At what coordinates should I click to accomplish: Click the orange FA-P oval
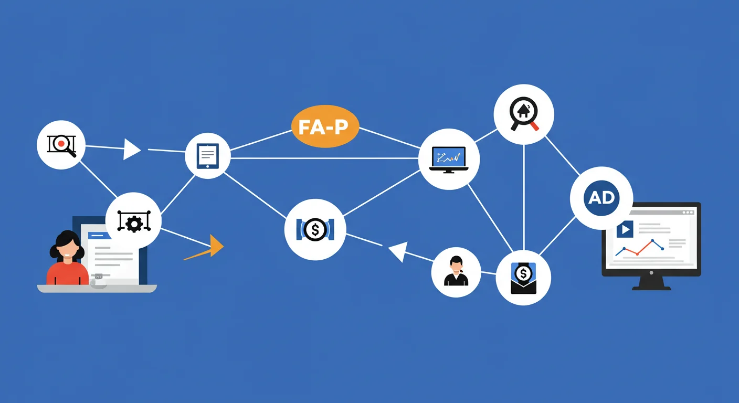tap(325, 126)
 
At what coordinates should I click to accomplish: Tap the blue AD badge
tap(601, 198)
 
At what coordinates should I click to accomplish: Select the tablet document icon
tap(207, 156)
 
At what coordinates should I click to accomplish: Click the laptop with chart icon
tap(449, 160)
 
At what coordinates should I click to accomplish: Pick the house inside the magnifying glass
tap(523, 111)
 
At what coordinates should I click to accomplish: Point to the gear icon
tap(134, 224)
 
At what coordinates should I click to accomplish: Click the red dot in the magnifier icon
tap(61, 143)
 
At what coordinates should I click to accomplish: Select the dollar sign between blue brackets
tap(315, 229)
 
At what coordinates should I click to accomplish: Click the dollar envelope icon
tap(523, 278)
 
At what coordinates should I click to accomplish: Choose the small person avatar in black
tap(456, 271)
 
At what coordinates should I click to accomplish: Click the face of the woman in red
tap(68, 251)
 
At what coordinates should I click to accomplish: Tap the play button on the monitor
tap(625, 229)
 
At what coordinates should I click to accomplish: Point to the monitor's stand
tap(651, 283)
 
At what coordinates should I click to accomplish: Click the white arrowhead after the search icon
tap(132, 149)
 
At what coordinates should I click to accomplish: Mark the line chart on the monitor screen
tap(639, 248)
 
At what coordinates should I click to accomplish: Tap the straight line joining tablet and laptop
tap(324, 158)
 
